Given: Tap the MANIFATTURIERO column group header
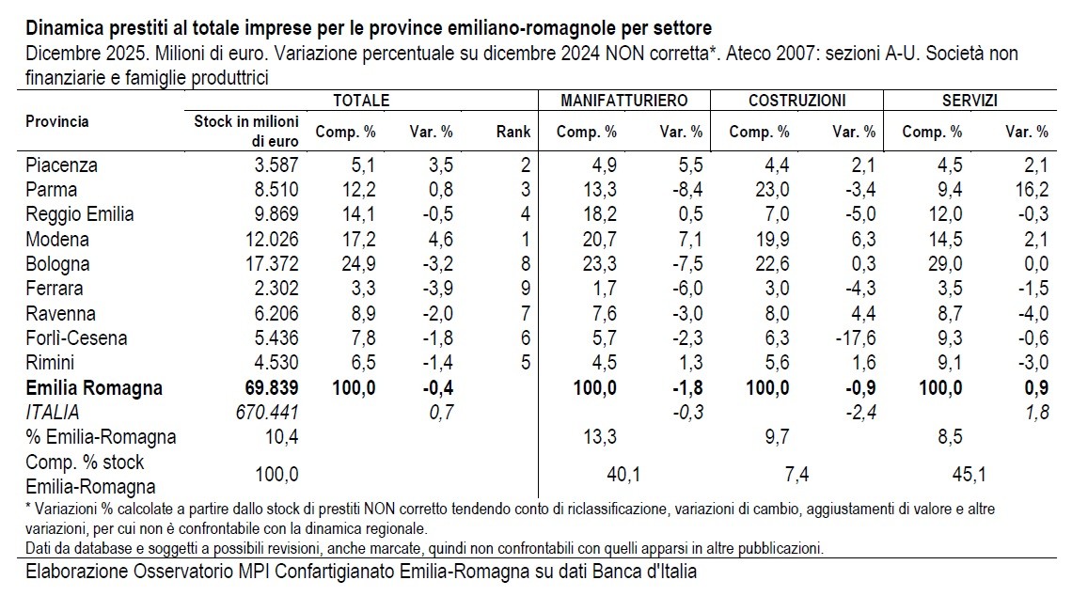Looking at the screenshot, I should click(x=624, y=100).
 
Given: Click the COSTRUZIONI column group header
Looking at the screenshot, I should click(x=796, y=100).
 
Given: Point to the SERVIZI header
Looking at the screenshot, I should click(x=970, y=100).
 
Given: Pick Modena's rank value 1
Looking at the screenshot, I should click(x=526, y=239).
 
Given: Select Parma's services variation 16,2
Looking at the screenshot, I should click(x=1030, y=189).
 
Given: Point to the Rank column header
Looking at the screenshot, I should click(x=513, y=133).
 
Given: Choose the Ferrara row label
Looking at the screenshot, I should click(x=55, y=288).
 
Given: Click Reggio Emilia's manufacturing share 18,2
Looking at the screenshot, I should click(x=599, y=214).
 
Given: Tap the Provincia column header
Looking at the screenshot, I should click(x=57, y=122).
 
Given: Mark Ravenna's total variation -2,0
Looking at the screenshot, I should click(x=435, y=313).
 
